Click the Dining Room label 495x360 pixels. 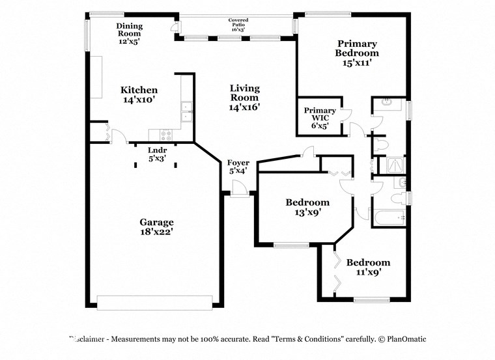pos(129,33)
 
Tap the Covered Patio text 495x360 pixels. pos(238,25)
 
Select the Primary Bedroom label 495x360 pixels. pos(357,53)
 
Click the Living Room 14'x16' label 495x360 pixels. pos(244,98)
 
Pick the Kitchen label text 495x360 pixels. pos(139,95)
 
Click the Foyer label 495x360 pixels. pos(238,167)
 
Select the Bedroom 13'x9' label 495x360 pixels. pos(307,207)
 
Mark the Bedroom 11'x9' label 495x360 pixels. pos(368,267)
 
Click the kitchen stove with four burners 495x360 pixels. pos(165,136)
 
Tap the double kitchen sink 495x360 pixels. pos(186,111)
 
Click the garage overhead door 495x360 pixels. pos(154,301)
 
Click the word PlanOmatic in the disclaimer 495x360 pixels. pos(404,339)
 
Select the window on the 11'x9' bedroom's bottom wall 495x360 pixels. pos(371,300)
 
